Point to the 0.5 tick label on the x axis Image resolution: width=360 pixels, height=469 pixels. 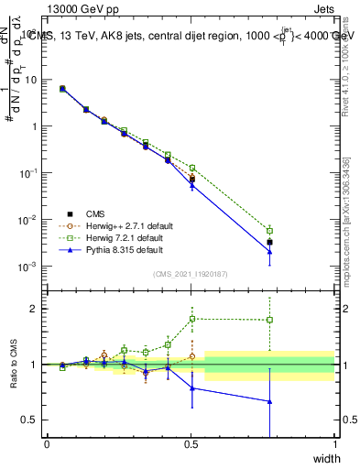(191, 444)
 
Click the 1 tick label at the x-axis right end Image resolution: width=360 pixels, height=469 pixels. (334, 444)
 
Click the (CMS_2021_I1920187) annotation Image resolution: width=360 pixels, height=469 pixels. (191, 274)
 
